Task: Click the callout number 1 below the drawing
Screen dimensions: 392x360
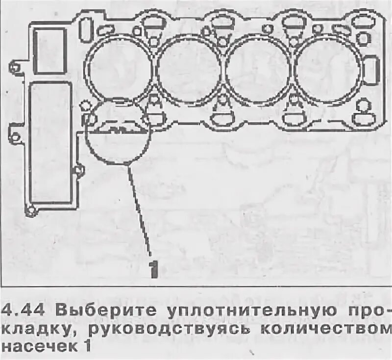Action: click(x=153, y=269)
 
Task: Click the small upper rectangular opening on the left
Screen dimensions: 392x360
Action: click(x=49, y=51)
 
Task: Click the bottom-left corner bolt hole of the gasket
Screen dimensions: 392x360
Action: click(x=31, y=211)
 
